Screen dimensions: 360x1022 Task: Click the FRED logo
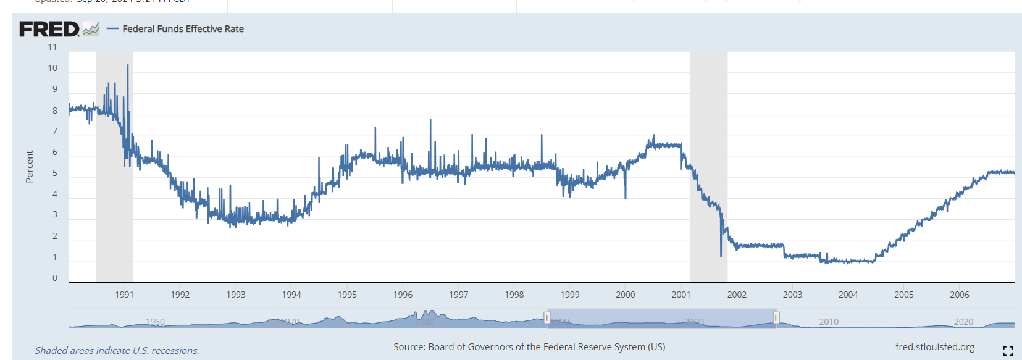pos(49,29)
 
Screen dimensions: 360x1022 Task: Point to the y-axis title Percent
pos(29,167)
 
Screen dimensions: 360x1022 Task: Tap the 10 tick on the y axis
pos(52,69)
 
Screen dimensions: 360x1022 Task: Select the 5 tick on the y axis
pos(54,174)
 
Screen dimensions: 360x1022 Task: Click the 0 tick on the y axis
pos(54,278)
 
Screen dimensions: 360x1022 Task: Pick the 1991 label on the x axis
pos(124,295)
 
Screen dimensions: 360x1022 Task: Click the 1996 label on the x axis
pos(403,295)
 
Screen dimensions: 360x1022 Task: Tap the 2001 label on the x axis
pos(681,295)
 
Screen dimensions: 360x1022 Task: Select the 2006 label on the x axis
pos(960,295)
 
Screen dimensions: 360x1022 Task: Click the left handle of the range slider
pos(547,318)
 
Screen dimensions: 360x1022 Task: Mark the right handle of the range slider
pos(776,318)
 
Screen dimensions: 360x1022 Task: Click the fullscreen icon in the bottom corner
pos(1008,351)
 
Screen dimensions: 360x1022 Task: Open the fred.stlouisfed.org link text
pos(935,347)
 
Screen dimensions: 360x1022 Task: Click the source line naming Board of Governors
pos(529,347)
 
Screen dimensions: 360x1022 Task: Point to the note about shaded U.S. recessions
pos(117,351)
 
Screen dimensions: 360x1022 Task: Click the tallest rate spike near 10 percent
pos(128,66)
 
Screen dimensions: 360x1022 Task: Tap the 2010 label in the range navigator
pos(829,322)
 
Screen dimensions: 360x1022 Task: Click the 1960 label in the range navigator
pos(155,322)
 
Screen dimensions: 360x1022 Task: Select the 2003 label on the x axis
pos(792,295)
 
